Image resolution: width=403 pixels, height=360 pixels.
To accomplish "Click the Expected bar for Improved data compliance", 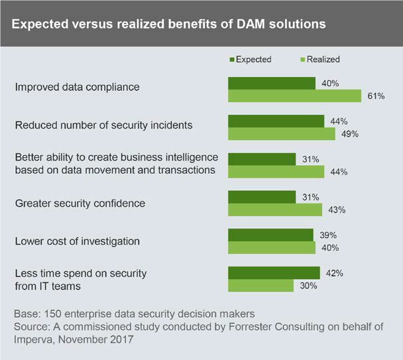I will (272, 83).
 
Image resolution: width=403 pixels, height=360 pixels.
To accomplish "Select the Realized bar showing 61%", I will (294, 96).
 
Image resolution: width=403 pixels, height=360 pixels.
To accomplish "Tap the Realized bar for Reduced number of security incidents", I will (282, 134).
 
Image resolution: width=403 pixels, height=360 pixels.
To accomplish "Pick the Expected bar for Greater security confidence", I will (262, 197).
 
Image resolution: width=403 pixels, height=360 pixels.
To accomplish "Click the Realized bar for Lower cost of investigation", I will (272, 247).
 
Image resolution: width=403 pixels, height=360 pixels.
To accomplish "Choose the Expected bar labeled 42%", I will (274, 272).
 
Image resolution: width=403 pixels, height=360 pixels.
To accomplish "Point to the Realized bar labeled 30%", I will (260, 286).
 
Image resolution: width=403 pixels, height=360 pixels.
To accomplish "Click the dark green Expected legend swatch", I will (232, 60).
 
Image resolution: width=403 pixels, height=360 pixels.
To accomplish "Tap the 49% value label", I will (349, 134).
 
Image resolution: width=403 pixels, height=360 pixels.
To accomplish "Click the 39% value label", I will (327, 235).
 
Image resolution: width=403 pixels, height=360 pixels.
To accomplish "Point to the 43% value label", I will (336, 210).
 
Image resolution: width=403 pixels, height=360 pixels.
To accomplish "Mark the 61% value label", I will (376, 96).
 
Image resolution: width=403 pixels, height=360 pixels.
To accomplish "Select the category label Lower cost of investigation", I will (78, 241).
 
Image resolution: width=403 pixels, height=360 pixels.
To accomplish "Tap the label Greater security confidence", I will (80, 204).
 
